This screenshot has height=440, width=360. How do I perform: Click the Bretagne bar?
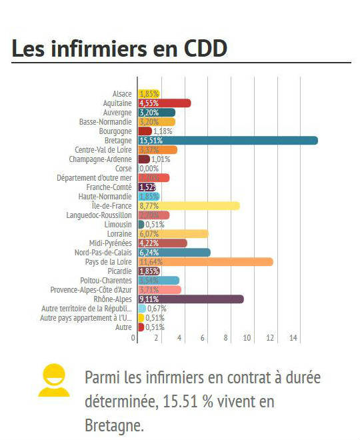point(227,141)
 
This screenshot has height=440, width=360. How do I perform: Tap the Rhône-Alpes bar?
point(191,299)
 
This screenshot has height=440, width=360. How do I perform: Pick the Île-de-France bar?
point(189,206)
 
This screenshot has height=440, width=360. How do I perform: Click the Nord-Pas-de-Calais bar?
point(174,253)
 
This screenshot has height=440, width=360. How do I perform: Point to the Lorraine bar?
point(173,234)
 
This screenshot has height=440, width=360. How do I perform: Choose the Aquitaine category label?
point(117,103)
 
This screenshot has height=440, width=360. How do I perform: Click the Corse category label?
point(123,169)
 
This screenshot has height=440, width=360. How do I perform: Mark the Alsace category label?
point(122,94)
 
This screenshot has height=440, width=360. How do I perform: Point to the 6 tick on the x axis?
point(203,339)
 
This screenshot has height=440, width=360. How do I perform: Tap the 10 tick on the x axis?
point(248,339)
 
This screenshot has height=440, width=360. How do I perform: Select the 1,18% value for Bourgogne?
point(163,131)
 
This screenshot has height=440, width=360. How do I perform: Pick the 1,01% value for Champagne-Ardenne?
point(161,159)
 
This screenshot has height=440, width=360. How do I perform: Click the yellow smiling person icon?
point(54,380)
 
